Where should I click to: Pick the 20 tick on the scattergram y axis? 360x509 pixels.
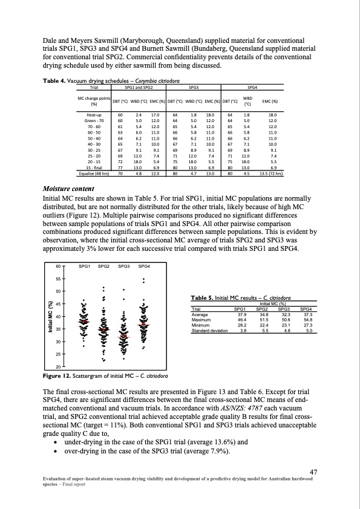58,367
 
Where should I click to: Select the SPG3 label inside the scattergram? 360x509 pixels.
125,267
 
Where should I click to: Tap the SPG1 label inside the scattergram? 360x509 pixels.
85,267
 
